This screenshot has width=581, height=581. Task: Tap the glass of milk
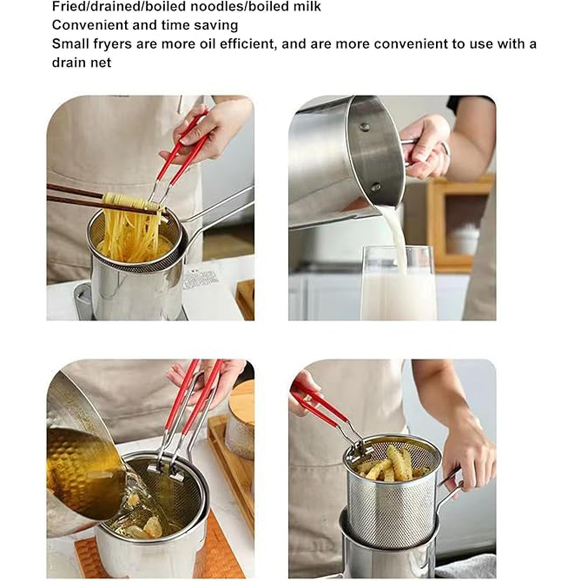point(398,283)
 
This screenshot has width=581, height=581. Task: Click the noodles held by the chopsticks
point(132,226)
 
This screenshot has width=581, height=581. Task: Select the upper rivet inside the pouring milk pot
point(364,127)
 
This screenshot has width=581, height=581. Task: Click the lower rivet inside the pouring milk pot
point(375,187)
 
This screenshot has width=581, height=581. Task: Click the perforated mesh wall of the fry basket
point(393,515)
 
